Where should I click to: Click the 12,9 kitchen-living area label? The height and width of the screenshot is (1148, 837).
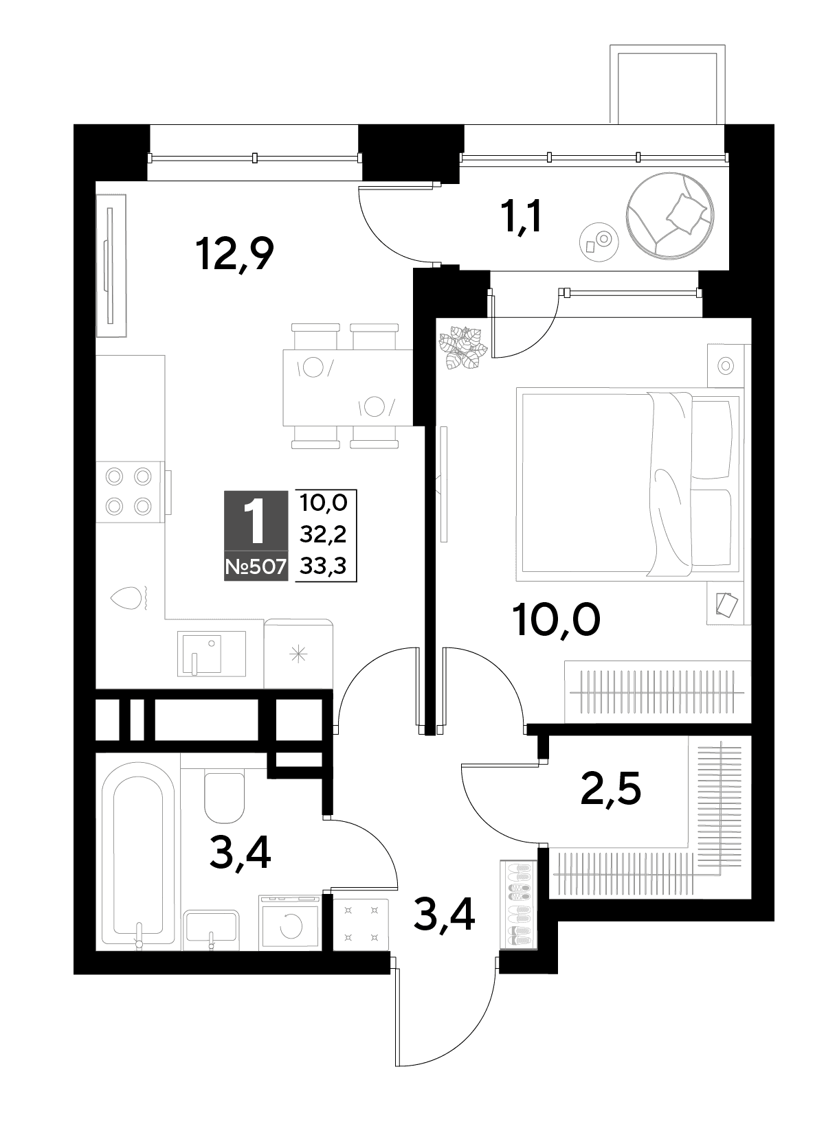[235, 254]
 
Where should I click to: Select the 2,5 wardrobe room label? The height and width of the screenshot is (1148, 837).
[611, 791]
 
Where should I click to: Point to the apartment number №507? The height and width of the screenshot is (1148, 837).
[256, 567]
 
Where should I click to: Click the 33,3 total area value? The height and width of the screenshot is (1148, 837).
[323, 566]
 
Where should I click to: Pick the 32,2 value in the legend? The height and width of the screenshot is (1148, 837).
[323, 535]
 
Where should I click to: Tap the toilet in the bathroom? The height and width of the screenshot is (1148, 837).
[224, 795]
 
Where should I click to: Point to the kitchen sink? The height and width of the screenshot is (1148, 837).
[211, 654]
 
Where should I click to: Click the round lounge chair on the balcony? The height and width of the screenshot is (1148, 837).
[670, 214]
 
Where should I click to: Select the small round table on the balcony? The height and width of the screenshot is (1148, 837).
[599, 242]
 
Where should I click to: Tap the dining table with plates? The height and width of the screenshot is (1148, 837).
[348, 387]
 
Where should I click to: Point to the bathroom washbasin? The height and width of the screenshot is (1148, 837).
[211, 927]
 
